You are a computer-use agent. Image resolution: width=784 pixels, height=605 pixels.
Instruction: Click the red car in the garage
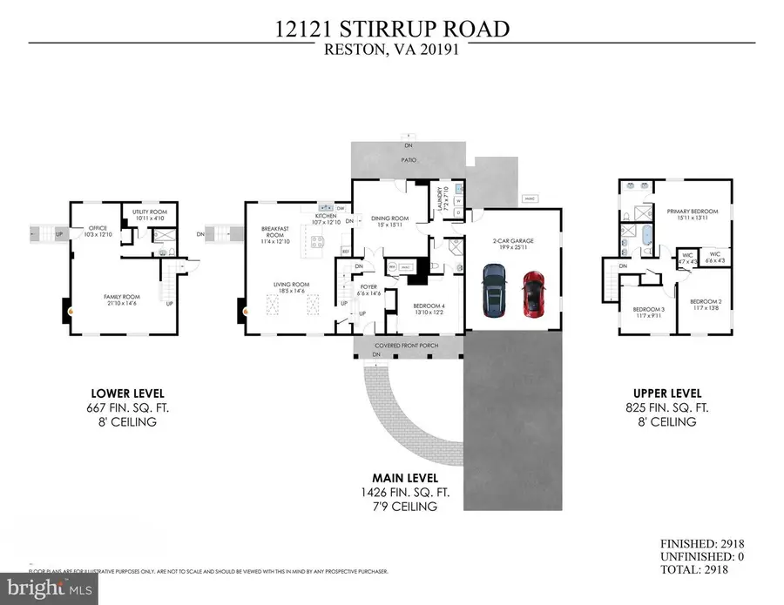[533, 294]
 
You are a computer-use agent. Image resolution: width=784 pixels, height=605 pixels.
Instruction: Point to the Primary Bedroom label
[693, 215]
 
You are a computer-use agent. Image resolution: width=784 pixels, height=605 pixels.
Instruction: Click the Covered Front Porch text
[409, 346]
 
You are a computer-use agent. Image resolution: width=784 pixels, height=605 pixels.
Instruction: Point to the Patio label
[408, 160]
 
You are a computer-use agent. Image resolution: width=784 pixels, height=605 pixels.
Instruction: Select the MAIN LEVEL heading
[402, 478]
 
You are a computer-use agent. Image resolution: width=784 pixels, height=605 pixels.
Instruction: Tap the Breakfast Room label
[275, 235]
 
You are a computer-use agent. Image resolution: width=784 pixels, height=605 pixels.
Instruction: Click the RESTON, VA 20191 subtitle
[391, 50]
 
